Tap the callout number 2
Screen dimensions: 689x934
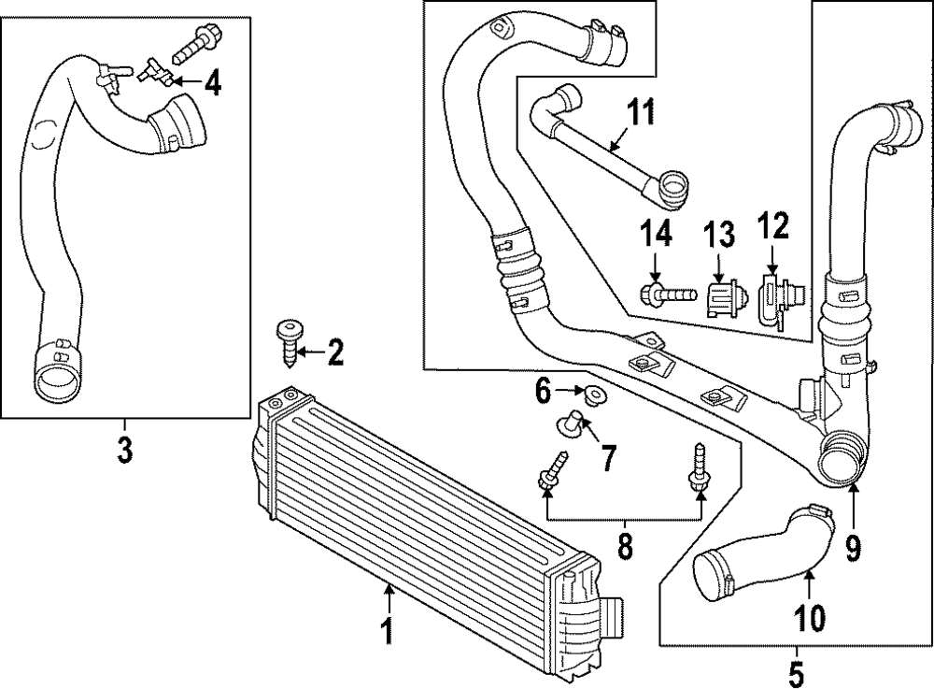coord(334,352)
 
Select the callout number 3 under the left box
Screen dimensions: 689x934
coord(124,450)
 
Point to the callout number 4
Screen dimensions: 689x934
coord(213,84)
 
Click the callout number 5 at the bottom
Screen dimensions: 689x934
coord(796,672)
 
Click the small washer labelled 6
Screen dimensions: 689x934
coord(590,396)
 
